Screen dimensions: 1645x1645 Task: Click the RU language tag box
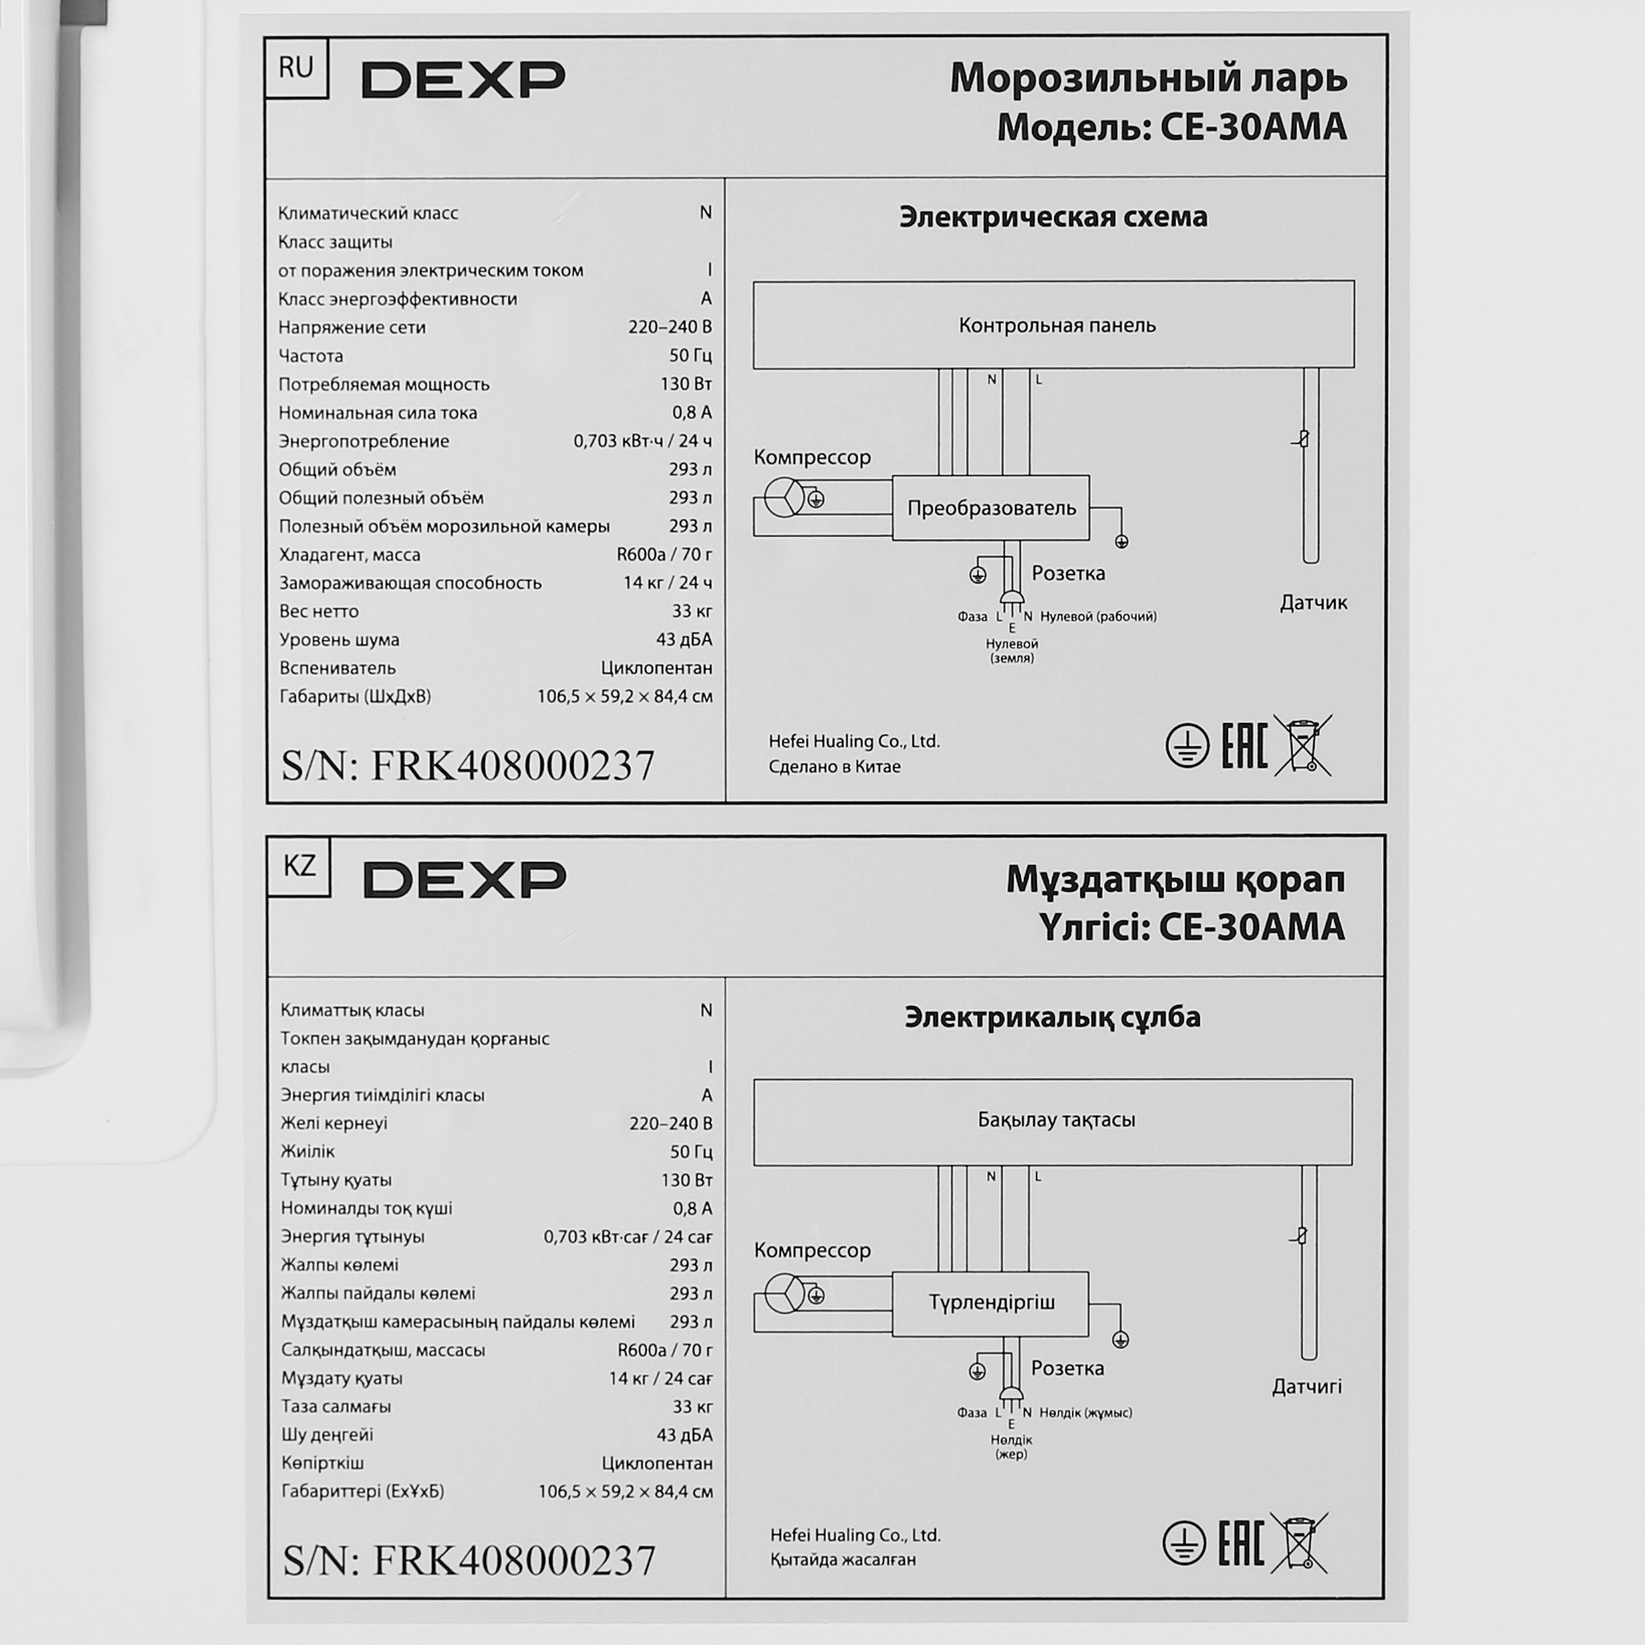point(296,67)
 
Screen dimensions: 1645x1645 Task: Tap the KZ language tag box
point(299,866)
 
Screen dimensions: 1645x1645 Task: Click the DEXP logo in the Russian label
point(463,79)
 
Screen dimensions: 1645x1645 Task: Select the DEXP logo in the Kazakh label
point(465,878)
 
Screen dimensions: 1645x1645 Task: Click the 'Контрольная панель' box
point(1054,325)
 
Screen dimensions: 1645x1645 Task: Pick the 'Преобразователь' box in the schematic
point(991,508)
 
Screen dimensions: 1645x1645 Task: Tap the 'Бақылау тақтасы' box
point(1054,1121)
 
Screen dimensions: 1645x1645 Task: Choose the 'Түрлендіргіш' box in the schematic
point(991,1304)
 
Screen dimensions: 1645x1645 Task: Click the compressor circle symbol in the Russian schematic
point(783,498)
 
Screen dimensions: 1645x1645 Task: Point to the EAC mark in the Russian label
point(1244,745)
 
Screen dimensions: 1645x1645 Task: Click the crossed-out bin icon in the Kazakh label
point(1300,1543)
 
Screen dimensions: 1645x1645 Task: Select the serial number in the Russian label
point(468,766)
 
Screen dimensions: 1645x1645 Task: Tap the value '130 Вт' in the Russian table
point(685,384)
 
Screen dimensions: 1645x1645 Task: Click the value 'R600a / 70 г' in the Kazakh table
point(665,1351)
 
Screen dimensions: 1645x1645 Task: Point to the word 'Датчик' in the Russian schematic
point(1313,603)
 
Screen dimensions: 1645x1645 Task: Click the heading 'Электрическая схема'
point(1054,217)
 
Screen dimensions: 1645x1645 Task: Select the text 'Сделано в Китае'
point(834,767)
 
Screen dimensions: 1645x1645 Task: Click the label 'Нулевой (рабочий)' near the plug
point(1098,616)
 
